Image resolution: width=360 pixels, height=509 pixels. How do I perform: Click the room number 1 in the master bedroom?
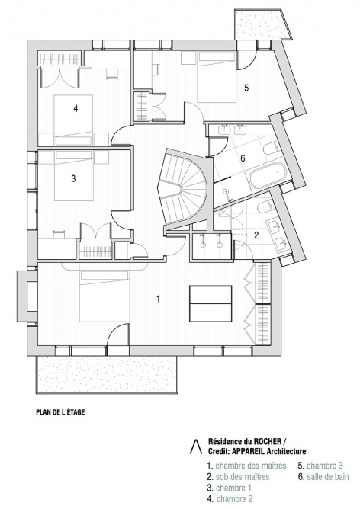click(158, 299)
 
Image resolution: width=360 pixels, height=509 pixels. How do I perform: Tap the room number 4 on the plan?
click(76, 108)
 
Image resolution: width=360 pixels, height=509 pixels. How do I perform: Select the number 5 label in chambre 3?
click(246, 88)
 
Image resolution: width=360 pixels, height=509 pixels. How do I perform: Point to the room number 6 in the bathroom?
click(243, 158)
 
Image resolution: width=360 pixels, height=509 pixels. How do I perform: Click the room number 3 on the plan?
click(73, 178)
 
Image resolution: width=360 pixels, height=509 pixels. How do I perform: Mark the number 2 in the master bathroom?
click(256, 235)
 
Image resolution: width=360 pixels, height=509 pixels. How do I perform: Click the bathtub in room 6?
click(267, 175)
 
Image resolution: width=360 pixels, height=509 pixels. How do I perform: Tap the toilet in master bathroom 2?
click(265, 207)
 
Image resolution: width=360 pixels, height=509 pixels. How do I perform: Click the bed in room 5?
click(217, 78)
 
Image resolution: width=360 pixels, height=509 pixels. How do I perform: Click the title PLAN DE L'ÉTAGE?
click(60, 412)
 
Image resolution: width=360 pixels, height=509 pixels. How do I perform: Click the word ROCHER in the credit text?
click(270, 441)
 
